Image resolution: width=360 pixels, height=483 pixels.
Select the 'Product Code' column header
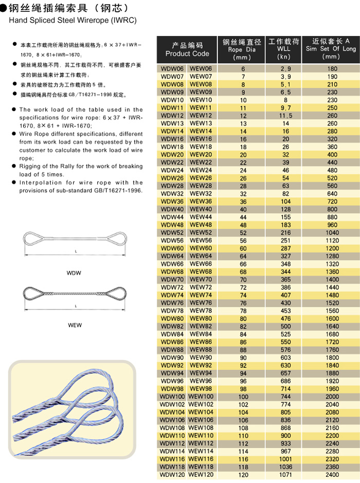(187, 53)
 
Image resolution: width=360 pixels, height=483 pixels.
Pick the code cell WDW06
(172, 68)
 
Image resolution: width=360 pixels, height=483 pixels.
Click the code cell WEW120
(201, 474)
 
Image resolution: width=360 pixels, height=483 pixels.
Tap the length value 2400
(333, 475)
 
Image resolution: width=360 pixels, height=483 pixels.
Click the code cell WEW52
(201, 232)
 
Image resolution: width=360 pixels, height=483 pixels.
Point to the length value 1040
(333, 233)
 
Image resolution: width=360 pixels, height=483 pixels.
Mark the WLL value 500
(285, 326)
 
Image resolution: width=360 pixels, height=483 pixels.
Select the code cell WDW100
(172, 396)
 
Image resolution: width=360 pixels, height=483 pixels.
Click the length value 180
(333, 68)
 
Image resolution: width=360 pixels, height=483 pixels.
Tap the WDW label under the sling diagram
(74, 273)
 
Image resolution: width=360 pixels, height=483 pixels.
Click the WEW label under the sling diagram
(75, 325)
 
